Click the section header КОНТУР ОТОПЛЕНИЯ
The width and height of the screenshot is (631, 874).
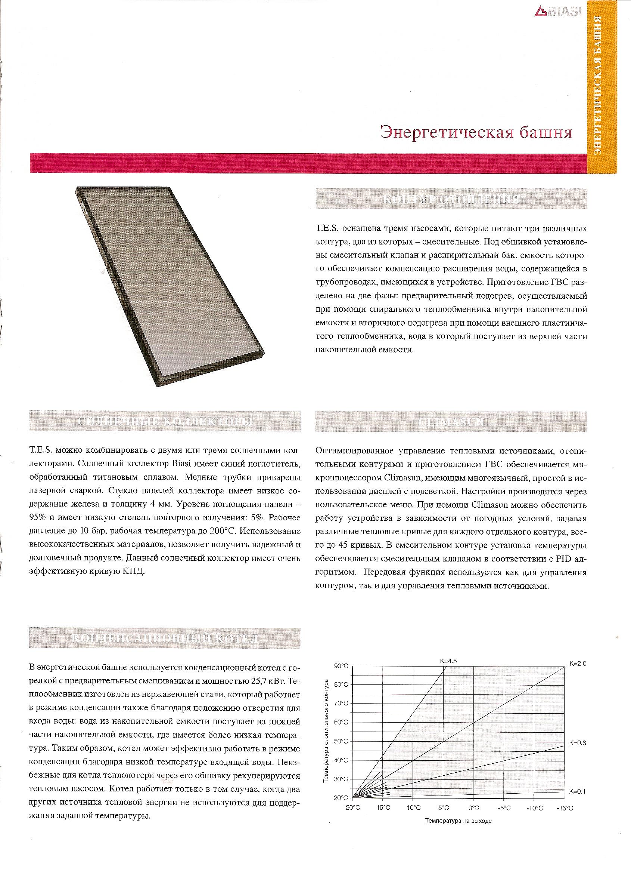tap(451, 199)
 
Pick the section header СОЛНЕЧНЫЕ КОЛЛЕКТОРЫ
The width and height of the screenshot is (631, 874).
tap(165, 422)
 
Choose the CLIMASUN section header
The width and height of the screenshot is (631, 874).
tap(451, 422)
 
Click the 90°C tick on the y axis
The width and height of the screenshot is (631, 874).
tap(341, 666)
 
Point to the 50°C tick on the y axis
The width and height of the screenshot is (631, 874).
tap(341, 741)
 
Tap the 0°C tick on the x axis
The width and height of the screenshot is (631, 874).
tap(473, 809)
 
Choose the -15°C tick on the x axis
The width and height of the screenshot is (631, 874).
tap(565, 809)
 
